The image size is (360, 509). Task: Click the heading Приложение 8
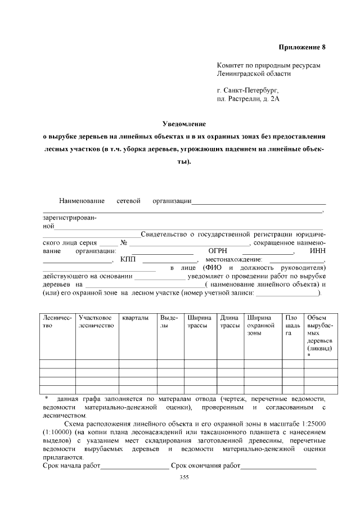click(303, 47)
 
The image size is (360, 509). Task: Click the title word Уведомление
click(184, 123)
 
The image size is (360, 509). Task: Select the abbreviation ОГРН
click(218, 251)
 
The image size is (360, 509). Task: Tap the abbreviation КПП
click(128, 259)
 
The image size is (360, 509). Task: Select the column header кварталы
click(135, 318)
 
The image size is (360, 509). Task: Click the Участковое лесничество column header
click(96, 322)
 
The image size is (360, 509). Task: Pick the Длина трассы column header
click(229, 322)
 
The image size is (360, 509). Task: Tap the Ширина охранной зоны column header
click(261, 326)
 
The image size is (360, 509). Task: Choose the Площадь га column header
click(291, 326)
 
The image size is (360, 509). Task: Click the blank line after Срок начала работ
click(134, 466)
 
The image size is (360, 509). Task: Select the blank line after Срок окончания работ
click(278, 466)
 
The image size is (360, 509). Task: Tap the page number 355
click(184, 478)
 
